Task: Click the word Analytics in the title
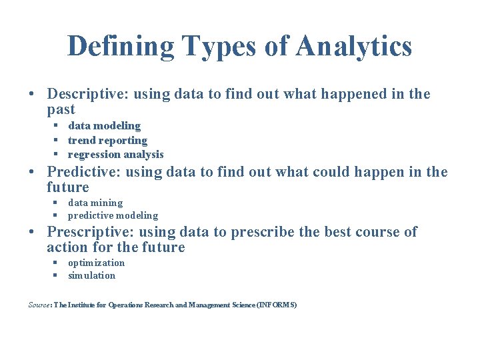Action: tap(354, 47)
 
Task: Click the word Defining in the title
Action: tap(120, 47)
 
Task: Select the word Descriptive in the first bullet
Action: tap(87, 95)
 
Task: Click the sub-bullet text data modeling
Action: tap(104, 126)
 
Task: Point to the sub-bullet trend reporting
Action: tap(107, 140)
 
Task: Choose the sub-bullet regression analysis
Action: tap(115, 155)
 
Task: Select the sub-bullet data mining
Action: tap(95, 203)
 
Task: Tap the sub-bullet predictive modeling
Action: tap(113, 215)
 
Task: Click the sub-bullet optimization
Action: tap(96, 263)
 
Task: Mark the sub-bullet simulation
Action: tap(91, 275)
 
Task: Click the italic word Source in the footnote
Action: tap(39, 305)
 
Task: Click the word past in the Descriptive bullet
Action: tap(61, 109)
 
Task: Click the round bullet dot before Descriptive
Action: tap(32, 95)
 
